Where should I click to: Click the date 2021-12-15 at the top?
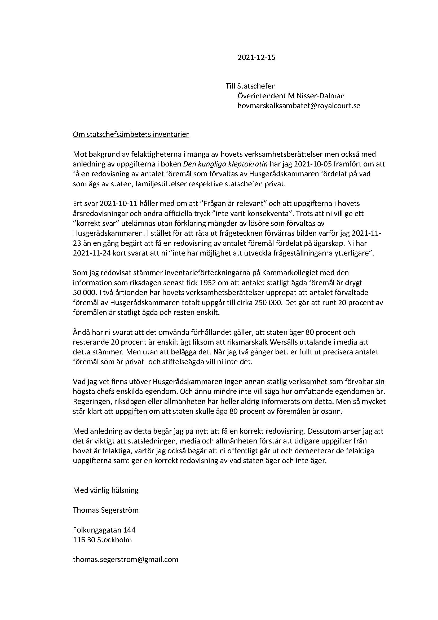pos(256,58)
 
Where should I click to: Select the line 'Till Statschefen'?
pos(251,86)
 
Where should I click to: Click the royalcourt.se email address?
pos(299,105)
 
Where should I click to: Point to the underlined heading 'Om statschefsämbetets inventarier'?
pos(131,134)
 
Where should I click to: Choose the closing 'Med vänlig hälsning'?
pos(105,490)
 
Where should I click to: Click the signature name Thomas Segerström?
pos(105,510)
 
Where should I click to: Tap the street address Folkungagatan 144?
pos(104,530)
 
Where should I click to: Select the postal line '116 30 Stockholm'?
pos(102,540)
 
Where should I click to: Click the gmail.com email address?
pos(126,559)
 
